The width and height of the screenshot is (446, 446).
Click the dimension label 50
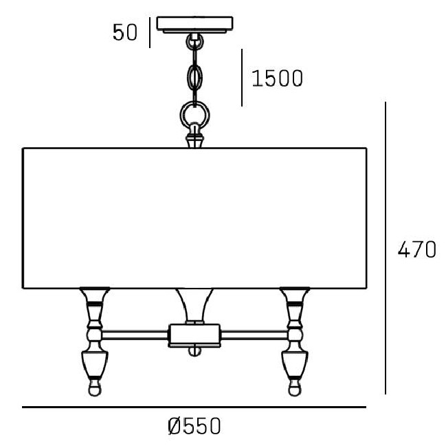(x=125, y=32)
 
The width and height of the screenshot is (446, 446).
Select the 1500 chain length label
(x=278, y=78)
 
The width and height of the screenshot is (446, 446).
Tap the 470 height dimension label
(x=416, y=249)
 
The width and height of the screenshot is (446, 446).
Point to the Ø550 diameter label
(x=194, y=426)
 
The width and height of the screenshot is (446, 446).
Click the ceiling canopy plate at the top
(x=195, y=25)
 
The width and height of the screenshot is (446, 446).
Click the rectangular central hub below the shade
(x=194, y=335)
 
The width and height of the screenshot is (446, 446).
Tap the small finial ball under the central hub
(x=194, y=352)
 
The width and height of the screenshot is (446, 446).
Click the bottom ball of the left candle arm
(x=95, y=388)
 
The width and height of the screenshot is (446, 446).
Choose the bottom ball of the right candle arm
(x=295, y=388)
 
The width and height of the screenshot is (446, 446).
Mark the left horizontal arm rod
(x=135, y=335)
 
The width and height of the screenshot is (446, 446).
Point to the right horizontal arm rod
(x=254, y=335)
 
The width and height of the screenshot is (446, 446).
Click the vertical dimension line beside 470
(x=386, y=248)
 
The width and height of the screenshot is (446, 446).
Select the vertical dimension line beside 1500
(x=242, y=78)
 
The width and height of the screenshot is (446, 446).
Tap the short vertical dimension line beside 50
(x=150, y=32)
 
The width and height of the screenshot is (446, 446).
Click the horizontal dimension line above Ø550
(x=194, y=408)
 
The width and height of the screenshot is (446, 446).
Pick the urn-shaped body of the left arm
(x=95, y=364)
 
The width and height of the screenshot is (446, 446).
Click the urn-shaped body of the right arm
(x=295, y=364)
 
